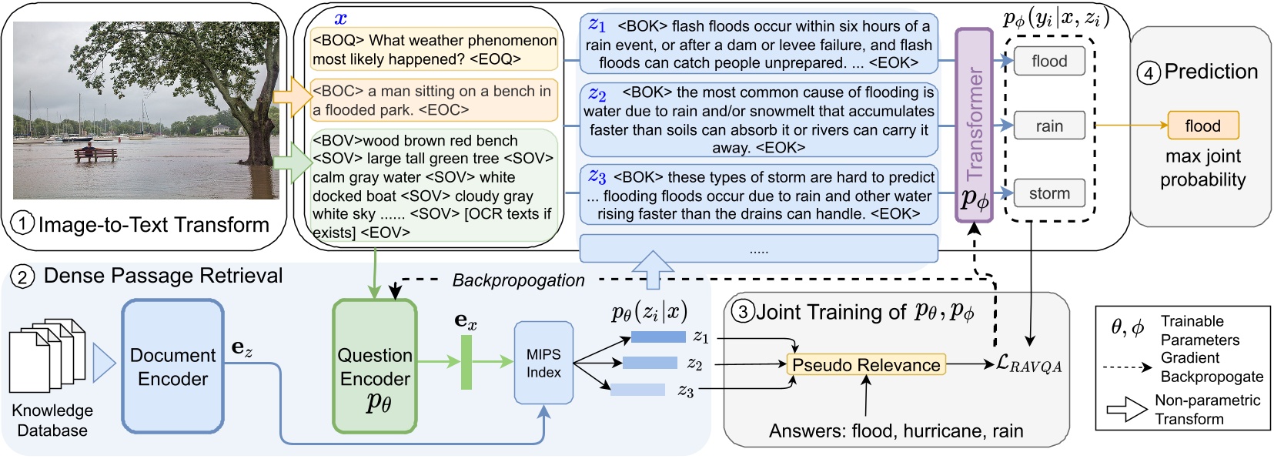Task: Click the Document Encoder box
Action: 172,366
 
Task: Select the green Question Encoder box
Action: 375,366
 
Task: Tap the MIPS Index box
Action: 543,363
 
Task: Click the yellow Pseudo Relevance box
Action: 866,364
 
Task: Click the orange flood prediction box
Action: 1202,126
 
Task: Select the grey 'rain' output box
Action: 1048,126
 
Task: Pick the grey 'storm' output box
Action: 1048,193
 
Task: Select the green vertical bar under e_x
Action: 466,362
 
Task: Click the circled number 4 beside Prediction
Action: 1148,73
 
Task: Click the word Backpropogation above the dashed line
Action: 518,280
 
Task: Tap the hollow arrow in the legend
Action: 1126,410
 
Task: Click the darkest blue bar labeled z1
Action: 657,337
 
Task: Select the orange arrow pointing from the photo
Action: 291,95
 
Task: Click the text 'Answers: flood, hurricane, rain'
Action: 895,431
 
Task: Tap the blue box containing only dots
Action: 758,249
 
